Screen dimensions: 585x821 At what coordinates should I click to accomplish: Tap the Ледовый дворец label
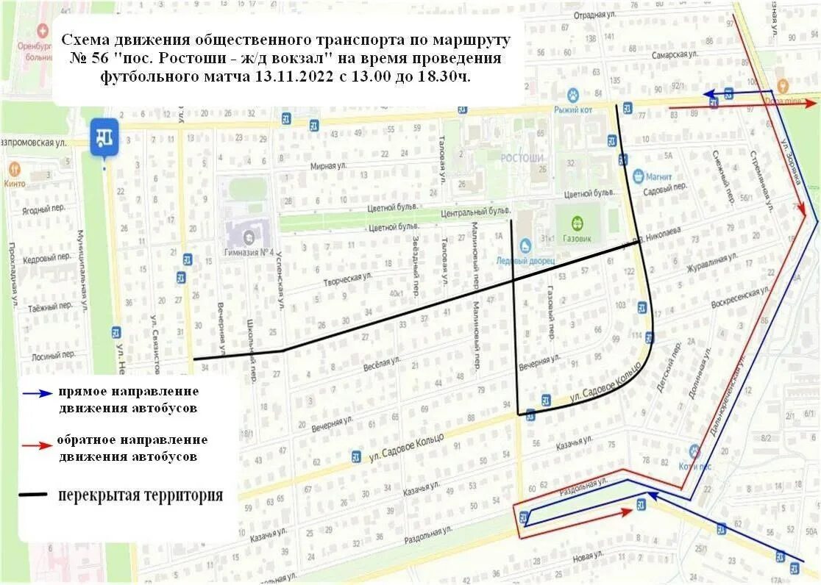(525, 261)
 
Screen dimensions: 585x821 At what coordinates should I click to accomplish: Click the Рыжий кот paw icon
(573, 95)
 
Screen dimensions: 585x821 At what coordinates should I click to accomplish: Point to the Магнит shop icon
(639, 176)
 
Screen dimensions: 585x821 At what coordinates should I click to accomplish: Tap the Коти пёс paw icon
(694, 451)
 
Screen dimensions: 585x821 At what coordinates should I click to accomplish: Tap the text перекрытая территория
(141, 495)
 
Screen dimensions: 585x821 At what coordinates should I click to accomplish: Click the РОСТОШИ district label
(522, 158)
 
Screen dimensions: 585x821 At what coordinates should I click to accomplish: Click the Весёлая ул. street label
(381, 362)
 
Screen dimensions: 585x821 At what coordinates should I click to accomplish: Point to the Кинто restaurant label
(15, 184)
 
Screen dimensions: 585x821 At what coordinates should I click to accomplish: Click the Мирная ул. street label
(327, 166)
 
